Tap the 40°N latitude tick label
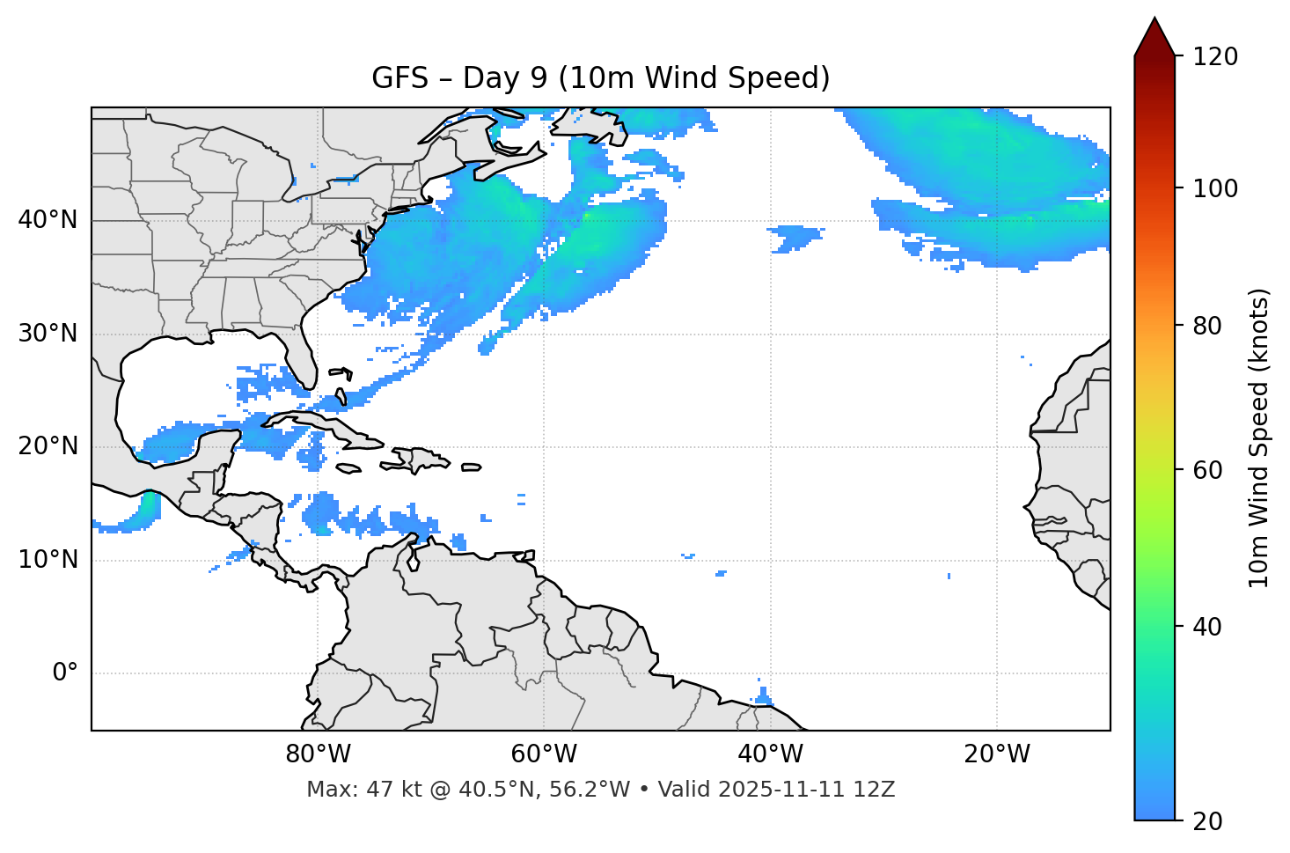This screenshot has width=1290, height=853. [x=48, y=220]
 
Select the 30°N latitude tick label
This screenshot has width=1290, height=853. [x=48, y=334]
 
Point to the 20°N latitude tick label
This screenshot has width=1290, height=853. [x=48, y=446]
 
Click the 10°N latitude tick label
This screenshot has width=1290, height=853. [x=48, y=560]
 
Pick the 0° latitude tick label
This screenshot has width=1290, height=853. [x=65, y=673]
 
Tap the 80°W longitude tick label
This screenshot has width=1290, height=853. [x=318, y=754]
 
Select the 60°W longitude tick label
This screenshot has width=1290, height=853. [x=544, y=754]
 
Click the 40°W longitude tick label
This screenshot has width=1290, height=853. [x=770, y=754]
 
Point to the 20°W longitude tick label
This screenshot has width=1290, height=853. [x=996, y=754]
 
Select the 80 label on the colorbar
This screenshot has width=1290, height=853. [x=1208, y=326]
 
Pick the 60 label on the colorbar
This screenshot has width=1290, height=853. [x=1208, y=470]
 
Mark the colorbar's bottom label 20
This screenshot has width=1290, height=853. [x=1208, y=821]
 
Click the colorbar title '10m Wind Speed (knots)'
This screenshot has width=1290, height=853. [x=1259, y=438]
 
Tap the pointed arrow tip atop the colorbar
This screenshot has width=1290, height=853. [x=1154, y=21]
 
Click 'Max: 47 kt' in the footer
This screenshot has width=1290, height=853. [x=352, y=790]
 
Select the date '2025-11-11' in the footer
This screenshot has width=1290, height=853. [x=768, y=790]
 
